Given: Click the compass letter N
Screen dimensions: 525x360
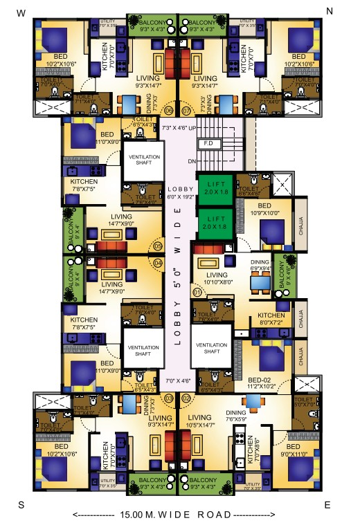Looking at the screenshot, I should [330, 11].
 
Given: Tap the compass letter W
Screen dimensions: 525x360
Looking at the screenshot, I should [21, 12].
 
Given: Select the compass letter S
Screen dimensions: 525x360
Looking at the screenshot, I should [21, 504].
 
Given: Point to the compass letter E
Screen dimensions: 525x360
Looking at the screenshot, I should [328, 505].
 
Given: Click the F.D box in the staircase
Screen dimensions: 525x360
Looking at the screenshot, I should [207, 144].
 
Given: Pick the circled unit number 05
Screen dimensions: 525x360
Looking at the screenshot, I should [158, 246].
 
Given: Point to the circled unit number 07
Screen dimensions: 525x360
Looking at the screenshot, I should [186, 110].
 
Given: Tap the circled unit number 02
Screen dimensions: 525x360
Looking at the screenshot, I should [186, 398].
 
